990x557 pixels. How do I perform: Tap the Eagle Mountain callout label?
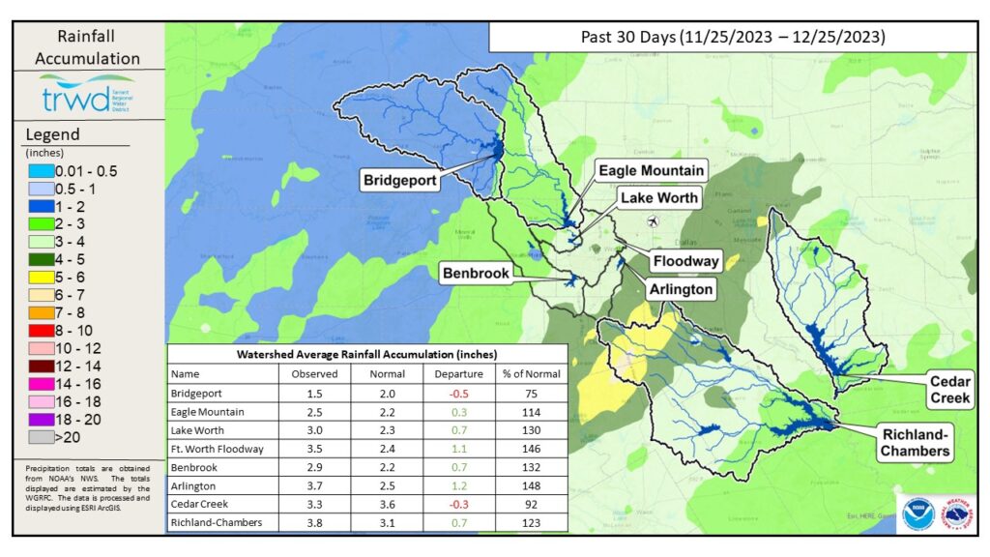[x=650, y=170]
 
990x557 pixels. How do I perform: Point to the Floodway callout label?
[x=685, y=261]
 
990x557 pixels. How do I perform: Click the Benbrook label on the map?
[x=475, y=274]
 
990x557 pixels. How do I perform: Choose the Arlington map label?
[x=681, y=288]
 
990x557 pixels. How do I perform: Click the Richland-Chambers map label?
[x=914, y=441]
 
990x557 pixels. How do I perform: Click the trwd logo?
[x=87, y=98]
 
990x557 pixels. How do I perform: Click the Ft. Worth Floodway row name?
[x=218, y=450]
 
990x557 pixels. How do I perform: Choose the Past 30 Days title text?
[x=733, y=38]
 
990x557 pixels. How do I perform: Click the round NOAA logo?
[x=917, y=513]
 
